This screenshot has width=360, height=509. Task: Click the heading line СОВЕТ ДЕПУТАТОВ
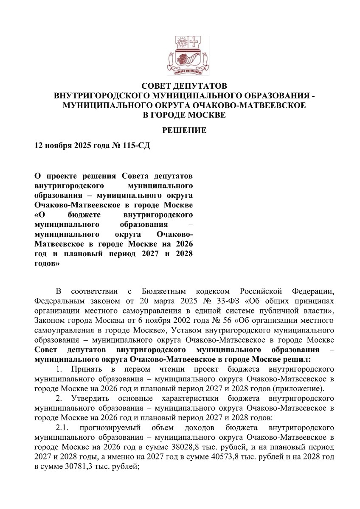[184, 86]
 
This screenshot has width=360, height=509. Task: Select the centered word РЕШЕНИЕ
[185, 130]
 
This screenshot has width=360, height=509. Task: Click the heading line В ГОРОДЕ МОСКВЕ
[184, 115]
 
